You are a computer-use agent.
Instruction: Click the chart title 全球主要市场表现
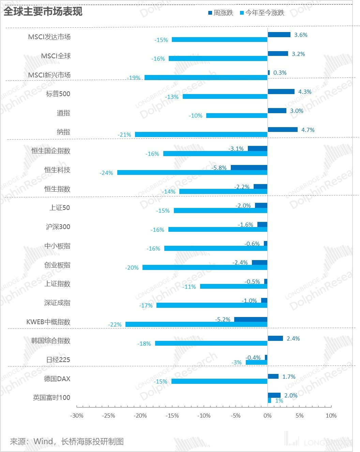[43, 11]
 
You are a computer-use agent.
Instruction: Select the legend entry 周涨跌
[221, 13]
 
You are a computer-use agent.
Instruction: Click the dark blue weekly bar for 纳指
[283, 130]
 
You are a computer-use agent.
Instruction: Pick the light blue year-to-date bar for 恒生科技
[192, 173]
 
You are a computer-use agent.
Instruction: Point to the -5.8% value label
[219, 168]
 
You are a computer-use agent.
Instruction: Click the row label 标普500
[58, 94]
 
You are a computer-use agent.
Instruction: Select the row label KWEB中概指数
[48, 322]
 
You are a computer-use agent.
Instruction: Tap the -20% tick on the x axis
[140, 416]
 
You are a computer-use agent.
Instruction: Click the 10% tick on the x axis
[331, 416]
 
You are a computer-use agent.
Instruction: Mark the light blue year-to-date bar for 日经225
[256, 362]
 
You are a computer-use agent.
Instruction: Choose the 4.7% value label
[308, 130]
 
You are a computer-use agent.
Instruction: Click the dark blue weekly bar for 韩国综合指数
[275, 338]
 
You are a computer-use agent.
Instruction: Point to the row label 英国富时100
[51, 397]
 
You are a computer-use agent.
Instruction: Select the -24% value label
[106, 173]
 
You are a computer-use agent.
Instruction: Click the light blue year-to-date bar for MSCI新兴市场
[206, 78]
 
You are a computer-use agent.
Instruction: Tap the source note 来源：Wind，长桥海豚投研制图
[67, 442]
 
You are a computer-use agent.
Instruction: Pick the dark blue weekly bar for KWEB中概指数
[251, 319]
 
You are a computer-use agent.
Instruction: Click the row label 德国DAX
[57, 379]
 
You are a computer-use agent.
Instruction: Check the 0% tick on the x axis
[268, 416]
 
